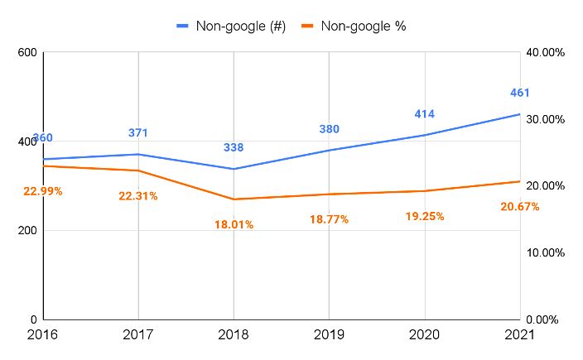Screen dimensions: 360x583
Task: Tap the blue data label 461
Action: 519,93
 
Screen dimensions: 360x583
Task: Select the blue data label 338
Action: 234,147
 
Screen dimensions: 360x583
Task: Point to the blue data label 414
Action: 425,114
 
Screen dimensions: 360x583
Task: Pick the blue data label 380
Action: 329,129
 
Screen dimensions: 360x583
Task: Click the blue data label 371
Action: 138,132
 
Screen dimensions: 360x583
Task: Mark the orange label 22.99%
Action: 43,191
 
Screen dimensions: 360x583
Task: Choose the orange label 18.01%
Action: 234,224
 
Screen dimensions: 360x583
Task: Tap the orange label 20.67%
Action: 519,206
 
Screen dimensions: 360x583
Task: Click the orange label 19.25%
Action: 425,216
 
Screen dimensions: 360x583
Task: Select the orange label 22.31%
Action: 138,196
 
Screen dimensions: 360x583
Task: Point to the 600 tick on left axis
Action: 27,53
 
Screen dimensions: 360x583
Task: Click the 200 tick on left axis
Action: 27,231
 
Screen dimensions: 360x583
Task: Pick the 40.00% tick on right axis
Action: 546,53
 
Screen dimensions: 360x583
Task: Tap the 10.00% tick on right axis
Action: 546,252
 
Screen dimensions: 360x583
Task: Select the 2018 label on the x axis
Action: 234,335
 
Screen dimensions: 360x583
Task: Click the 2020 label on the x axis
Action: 425,335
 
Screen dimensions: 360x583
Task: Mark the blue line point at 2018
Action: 234,169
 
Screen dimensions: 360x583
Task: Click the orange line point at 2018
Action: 234,199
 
